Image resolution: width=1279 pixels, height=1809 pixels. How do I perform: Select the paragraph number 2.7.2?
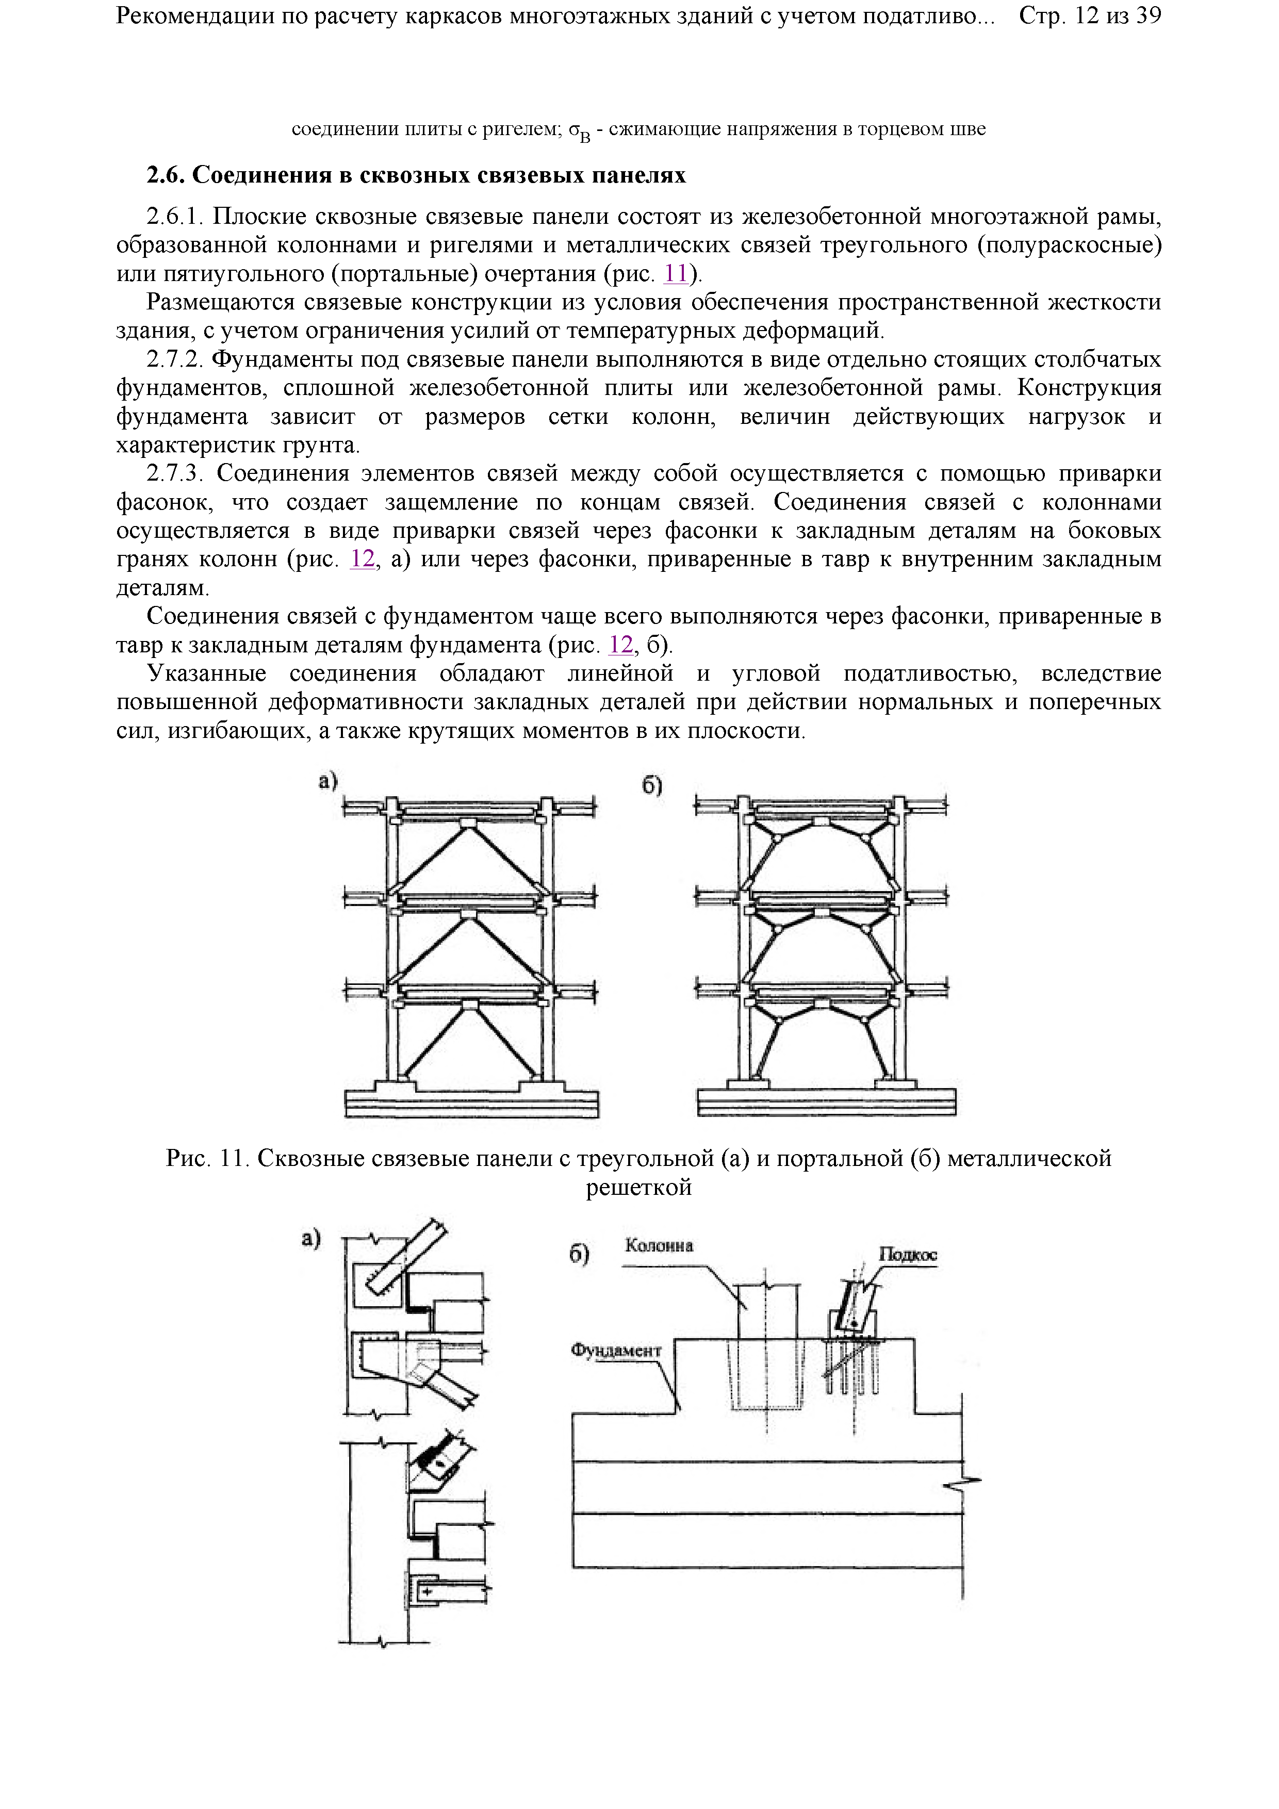pyautogui.click(x=175, y=359)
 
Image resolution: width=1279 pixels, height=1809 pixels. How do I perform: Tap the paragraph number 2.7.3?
pyautogui.click(x=175, y=473)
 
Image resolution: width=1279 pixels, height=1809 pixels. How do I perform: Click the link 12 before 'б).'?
pyautogui.click(x=621, y=645)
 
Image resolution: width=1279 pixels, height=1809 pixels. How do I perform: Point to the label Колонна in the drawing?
pyautogui.click(x=659, y=1246)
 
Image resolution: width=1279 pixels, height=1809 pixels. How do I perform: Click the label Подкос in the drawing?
pyautogui.click(x=908, y=1254)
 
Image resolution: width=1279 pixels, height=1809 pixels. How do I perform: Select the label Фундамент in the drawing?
pyautogui.click(x=615, y=1351)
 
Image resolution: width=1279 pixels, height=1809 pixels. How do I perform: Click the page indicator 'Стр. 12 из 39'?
pyautogui.click(x=1090, y=16)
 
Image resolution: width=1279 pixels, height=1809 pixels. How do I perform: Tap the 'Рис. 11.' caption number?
pyautogui.click(x=208, y=1158)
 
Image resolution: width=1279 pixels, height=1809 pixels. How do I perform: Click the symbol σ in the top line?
pyautogui.click(x=573, y=129)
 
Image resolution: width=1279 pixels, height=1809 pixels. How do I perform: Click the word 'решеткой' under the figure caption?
pyautogui.click(x=638, y=1187)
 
